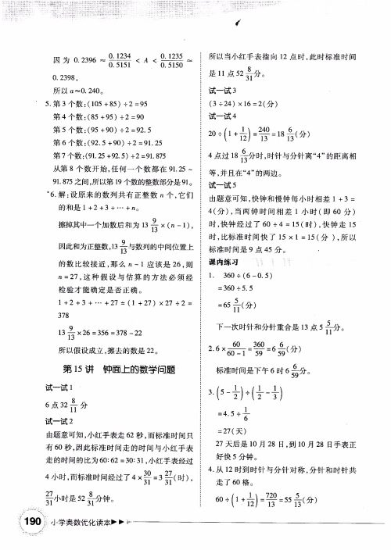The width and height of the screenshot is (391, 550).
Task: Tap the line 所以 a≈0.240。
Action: [78, 90]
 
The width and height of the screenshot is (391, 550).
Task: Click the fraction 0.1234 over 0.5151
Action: [123, 60]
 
